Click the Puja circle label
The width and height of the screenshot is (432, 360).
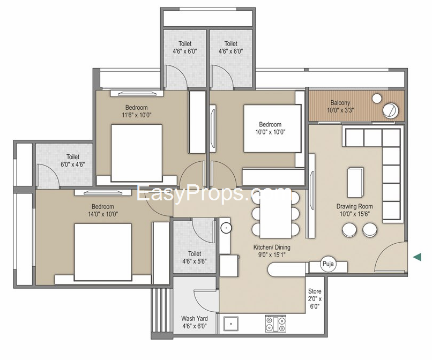point(328,264)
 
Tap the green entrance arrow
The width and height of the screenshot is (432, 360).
point(417,257)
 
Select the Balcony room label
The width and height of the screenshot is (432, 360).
point(340,103)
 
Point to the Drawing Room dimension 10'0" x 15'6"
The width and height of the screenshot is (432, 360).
point(354,214)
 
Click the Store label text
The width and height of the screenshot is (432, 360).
point(315,291)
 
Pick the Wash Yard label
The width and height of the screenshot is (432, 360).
point(195,318)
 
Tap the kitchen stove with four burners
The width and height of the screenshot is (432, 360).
point(275,324)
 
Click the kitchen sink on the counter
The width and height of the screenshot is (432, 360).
point(231,324)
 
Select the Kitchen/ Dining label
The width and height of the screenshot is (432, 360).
point(272,247)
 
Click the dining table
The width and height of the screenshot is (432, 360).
point(276,214)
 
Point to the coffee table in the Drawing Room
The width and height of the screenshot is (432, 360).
point(355,182)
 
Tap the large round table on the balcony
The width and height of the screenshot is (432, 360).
point(390,110)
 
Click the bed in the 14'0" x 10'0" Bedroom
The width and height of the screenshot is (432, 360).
point(103,252)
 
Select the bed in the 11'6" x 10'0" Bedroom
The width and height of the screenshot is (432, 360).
point(136,153)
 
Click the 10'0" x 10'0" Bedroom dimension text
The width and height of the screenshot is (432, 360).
point(270,132)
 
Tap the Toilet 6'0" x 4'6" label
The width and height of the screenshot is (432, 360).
point(73,160)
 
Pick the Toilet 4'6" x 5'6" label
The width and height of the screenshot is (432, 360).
point(195,257)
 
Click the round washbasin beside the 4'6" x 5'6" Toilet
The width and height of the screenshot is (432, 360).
point(226,228)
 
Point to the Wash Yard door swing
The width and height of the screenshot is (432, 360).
point(205,299)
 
